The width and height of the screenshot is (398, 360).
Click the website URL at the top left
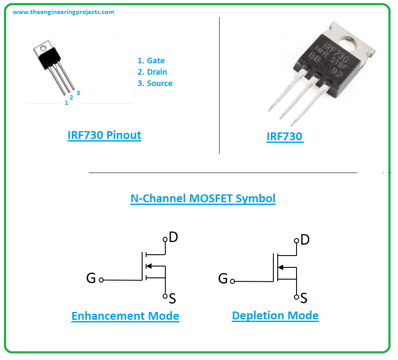point(63,12)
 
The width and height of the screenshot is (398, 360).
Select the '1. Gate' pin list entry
point(151,61)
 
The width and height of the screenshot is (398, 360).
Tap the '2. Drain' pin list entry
point(152,72)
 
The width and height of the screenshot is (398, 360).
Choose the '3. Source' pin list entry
point(155,83)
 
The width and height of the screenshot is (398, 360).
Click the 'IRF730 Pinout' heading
point(104,135)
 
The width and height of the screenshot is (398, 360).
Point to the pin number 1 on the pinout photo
point(66,103)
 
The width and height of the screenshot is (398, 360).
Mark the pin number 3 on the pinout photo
point(78,93)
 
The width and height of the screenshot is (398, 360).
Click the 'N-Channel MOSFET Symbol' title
point(203,198)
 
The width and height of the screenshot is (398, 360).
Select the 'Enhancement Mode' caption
point(125,316)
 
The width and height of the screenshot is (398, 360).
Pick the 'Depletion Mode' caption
point(275,315)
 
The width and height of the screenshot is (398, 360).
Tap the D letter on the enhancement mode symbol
point(173,237)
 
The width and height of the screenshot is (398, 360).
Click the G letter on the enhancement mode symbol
point(91,278)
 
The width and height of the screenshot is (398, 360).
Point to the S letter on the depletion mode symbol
point(304,298)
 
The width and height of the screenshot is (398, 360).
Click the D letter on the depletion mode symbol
point(305,239)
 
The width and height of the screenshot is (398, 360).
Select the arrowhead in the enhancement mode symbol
point(149,266)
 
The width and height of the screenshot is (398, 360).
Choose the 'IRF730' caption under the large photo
point(284,136)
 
